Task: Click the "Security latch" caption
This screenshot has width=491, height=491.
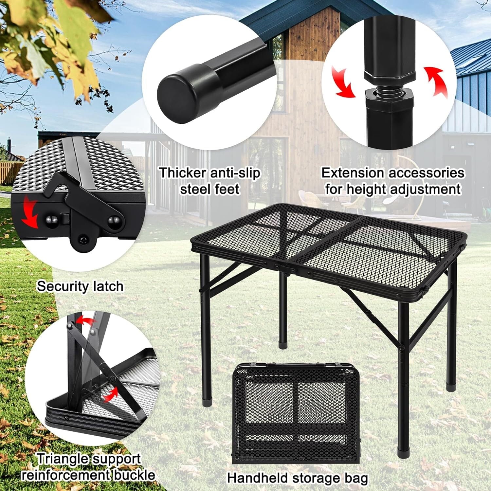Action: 80,286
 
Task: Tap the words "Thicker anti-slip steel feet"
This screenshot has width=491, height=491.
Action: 209,181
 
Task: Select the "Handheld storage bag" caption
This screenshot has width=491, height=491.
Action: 298,478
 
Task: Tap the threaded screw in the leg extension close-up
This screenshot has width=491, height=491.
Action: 390,92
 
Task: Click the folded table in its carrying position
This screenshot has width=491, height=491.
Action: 297,412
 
